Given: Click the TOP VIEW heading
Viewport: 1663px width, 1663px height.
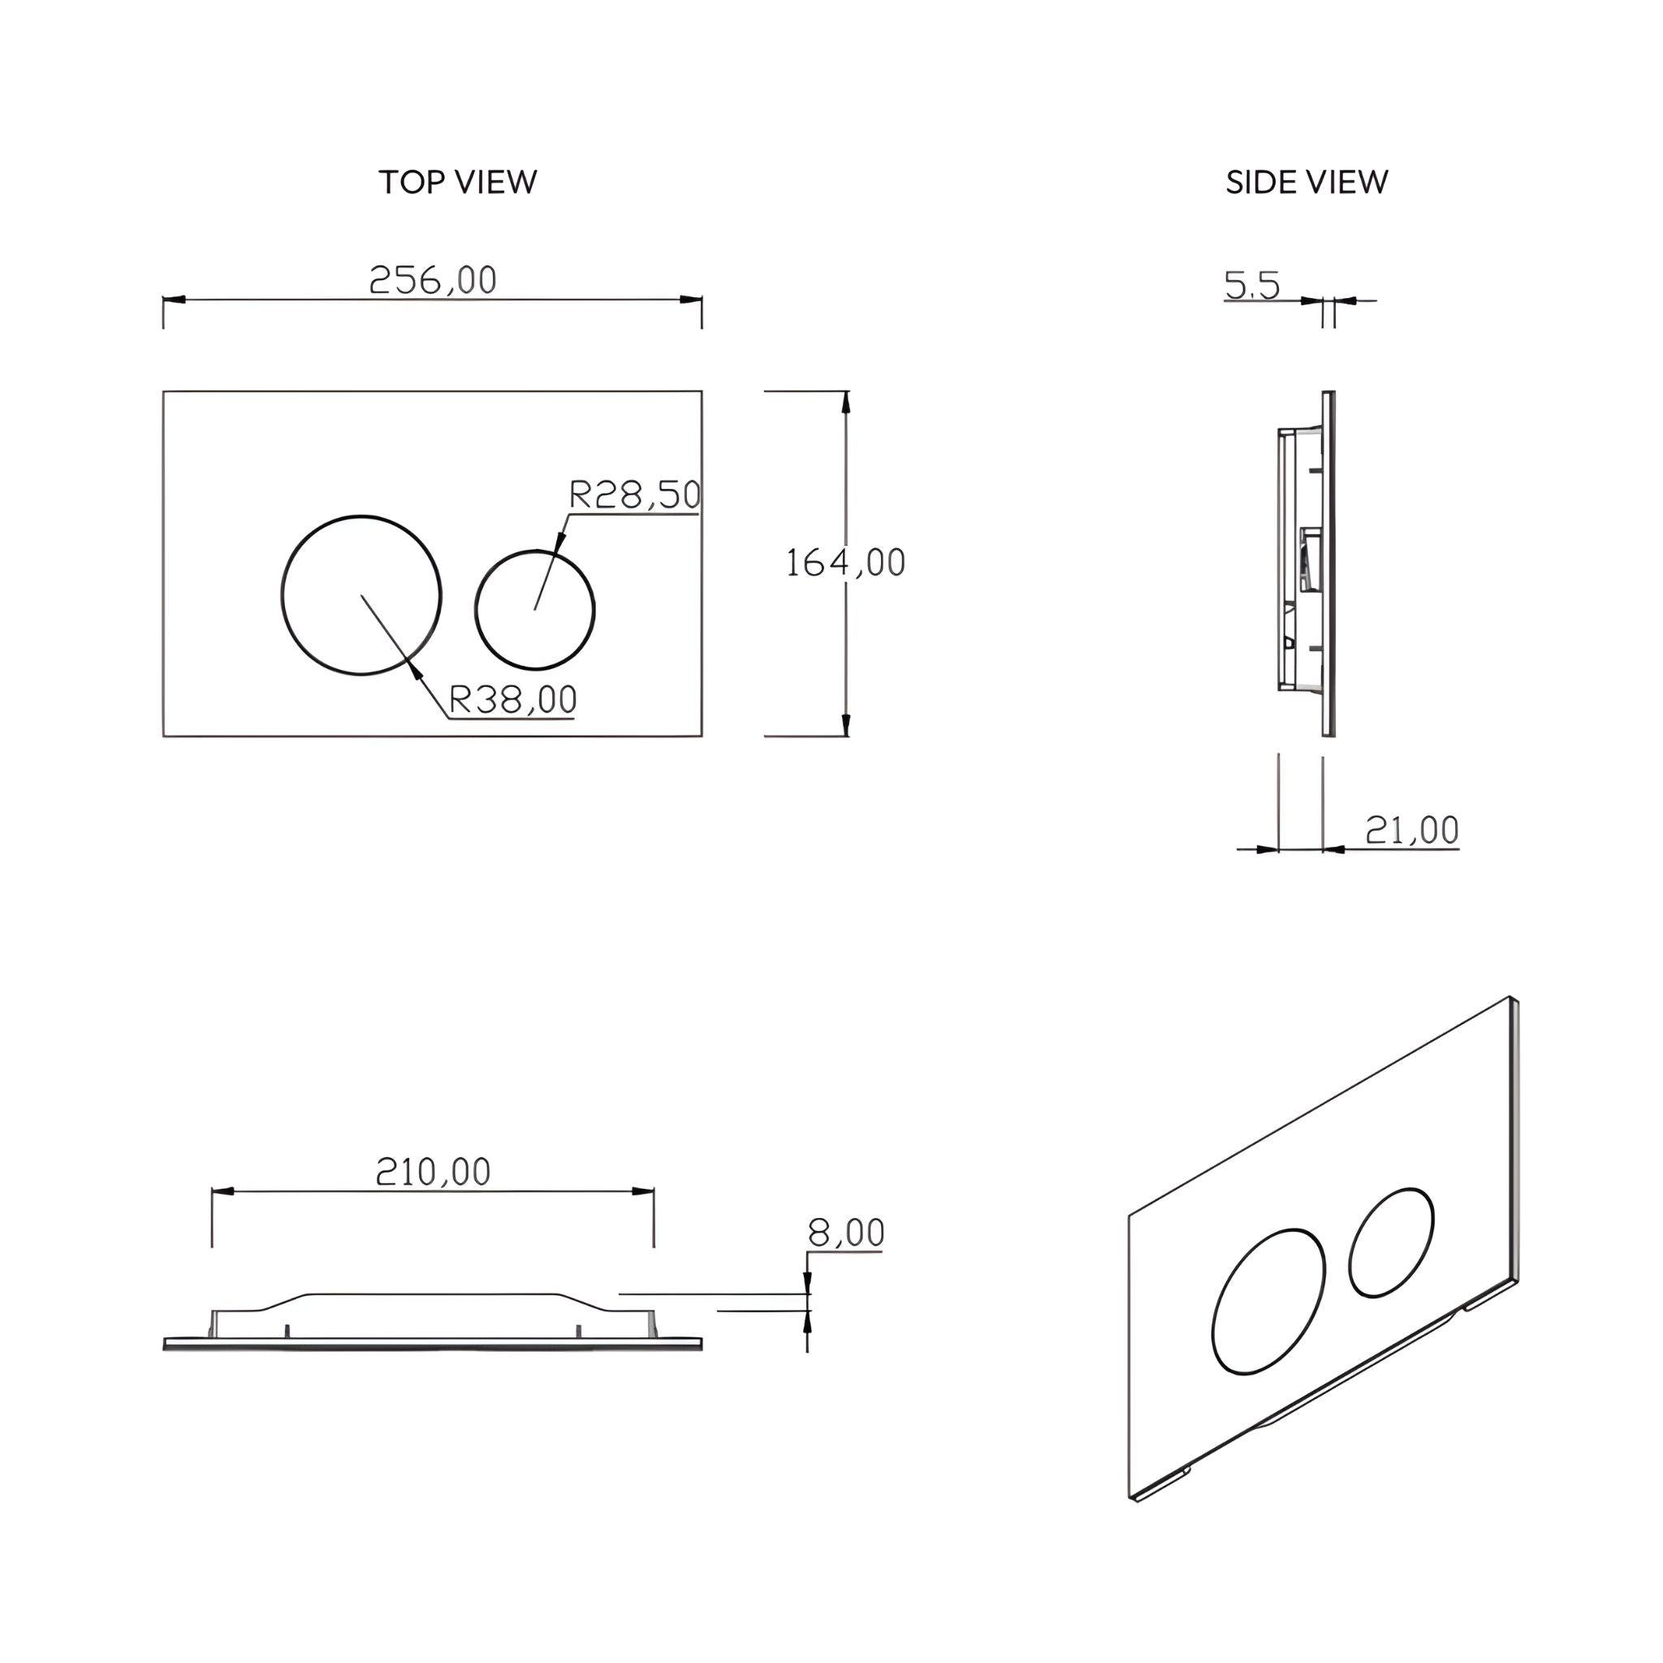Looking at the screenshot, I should (457, 183).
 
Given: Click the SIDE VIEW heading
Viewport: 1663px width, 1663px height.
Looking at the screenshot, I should (1306, 183).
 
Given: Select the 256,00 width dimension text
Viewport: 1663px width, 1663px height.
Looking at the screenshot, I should (433, 280).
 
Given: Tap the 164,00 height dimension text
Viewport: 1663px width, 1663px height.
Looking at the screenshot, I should (845, 563).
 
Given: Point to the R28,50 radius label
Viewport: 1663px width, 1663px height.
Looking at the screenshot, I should (635, 495).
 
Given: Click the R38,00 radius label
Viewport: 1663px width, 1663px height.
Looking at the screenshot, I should (513, 700).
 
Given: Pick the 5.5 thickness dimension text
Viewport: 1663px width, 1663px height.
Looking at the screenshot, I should (1252, 286).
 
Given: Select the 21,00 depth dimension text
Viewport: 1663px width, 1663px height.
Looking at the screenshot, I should (1411, 830).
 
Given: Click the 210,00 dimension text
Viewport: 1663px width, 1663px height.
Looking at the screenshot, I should (433, 1172).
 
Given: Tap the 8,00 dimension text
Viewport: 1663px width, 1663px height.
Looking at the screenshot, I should (845, 1233).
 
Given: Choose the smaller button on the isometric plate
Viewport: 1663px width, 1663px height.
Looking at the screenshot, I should (1391, 1242).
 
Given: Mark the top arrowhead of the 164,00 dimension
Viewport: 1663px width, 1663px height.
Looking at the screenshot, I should (846, 402).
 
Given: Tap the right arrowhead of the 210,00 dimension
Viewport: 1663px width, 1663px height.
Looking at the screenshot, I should (643, 1191).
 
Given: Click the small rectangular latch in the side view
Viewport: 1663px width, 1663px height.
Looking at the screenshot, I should (1309, 559).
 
